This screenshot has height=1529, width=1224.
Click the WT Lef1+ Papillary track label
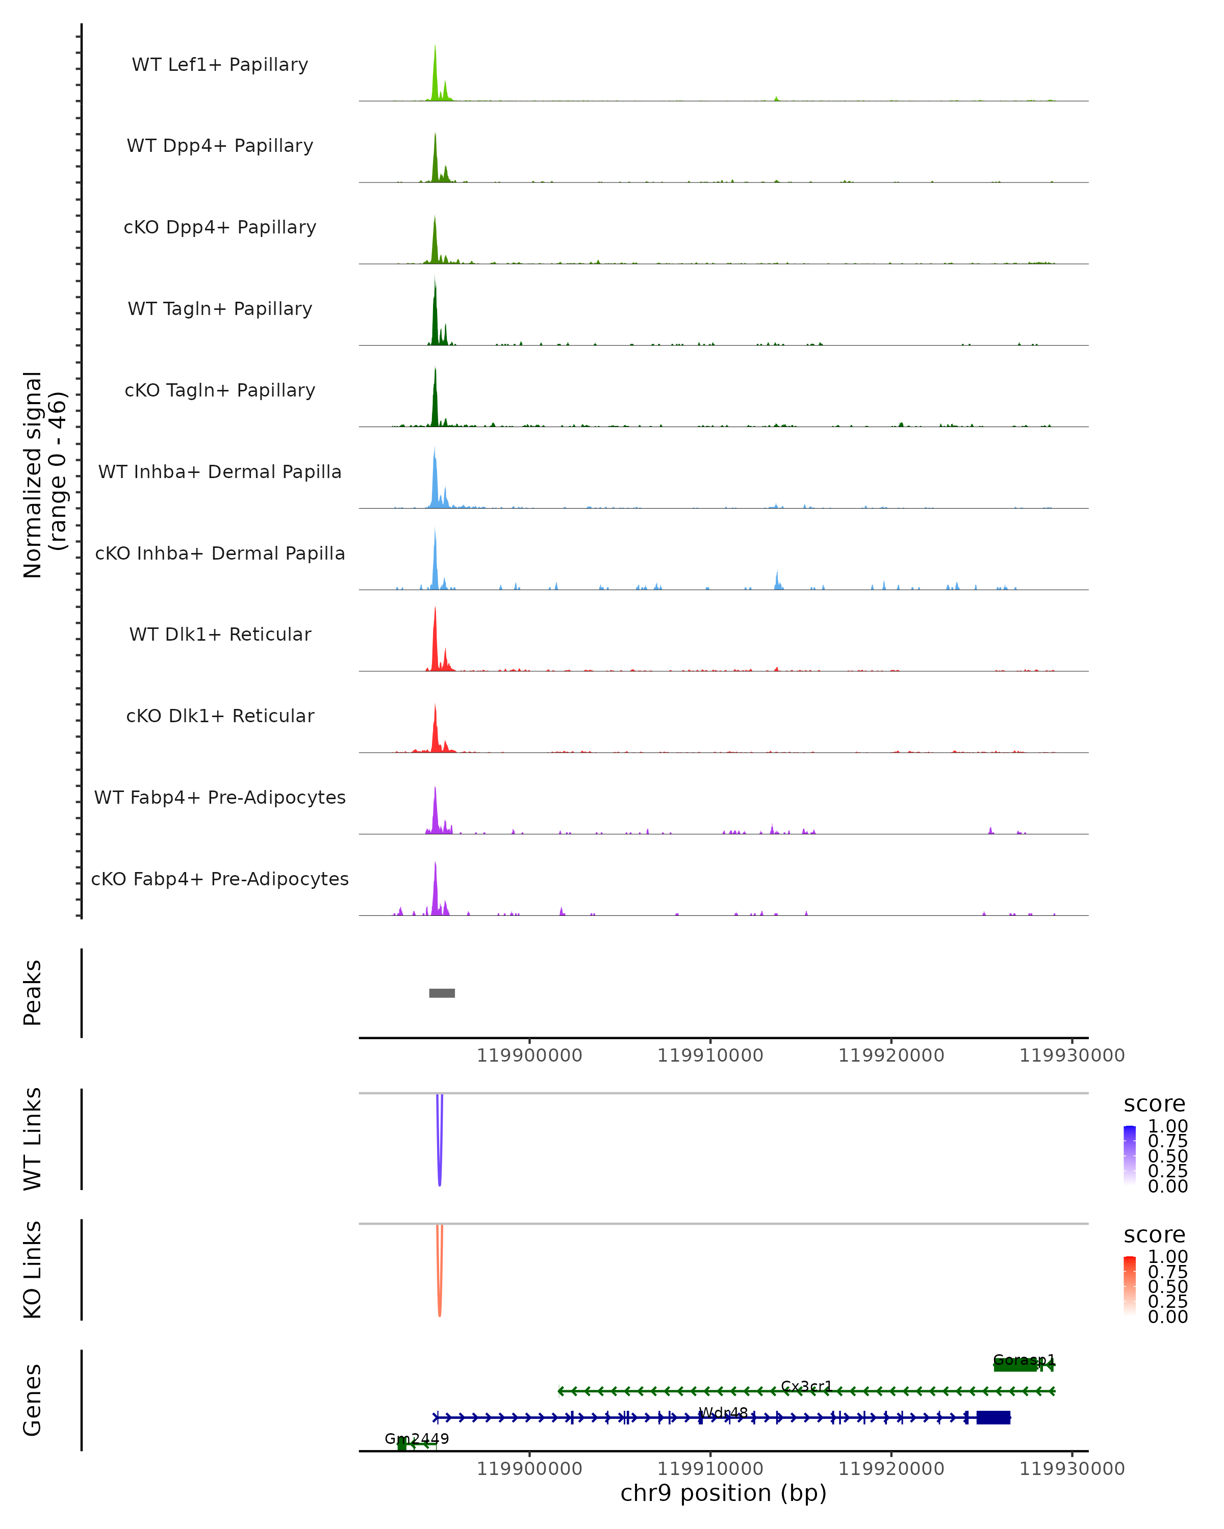coord(220,65)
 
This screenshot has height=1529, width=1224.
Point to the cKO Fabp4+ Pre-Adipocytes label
coord(220,879)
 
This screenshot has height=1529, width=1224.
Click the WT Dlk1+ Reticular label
coord(220,634)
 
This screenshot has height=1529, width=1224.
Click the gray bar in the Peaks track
coord(442,993)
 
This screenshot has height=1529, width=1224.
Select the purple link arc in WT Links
coord(440,1178)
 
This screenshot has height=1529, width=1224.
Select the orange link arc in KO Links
coord(440,1308)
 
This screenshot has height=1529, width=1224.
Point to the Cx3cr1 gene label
coord(806,1386)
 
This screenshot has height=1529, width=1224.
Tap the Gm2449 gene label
coord(417,1438)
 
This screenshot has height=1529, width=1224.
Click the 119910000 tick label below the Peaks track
coord(710,1056)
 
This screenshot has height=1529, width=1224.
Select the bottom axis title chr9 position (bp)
coord(723,1493)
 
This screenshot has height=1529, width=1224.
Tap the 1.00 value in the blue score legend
coord(1167,1126)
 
